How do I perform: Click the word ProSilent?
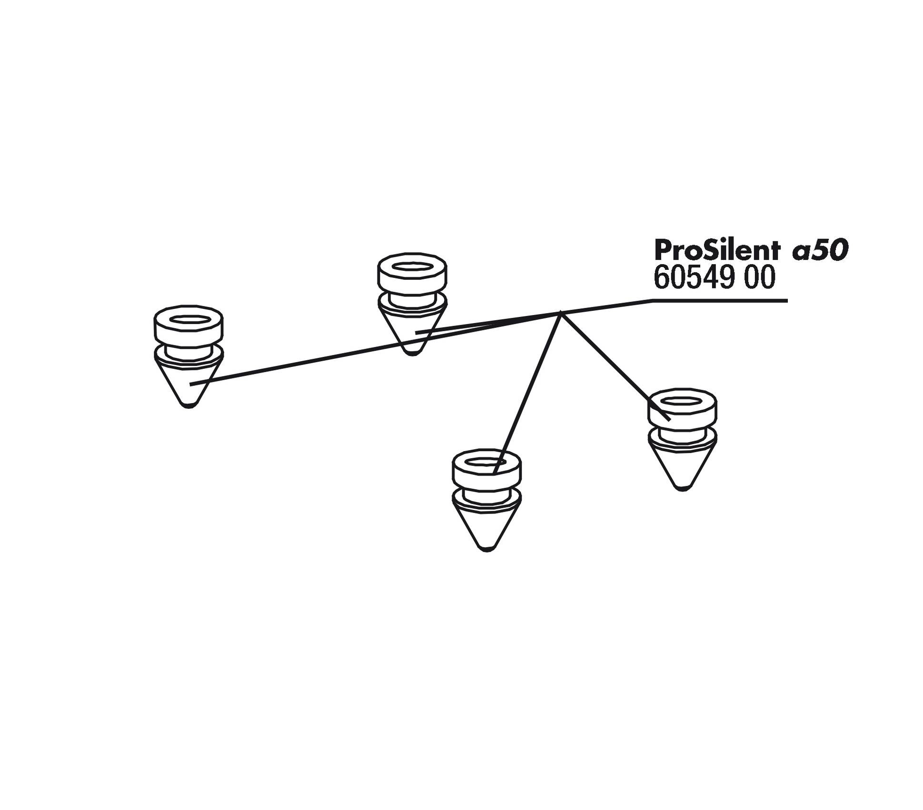point(717,249)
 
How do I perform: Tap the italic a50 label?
point(820,250)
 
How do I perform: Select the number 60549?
point(694,277)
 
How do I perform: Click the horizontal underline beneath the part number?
point(719,300)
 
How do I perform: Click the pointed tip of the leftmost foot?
point(189,406)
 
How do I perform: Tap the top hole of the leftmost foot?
point(189,320)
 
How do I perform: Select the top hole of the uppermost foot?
point(412,267)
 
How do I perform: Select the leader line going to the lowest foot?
point(527,393)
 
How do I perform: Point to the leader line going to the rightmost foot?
point(615,366)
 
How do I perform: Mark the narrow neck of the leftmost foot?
point(189,353)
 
